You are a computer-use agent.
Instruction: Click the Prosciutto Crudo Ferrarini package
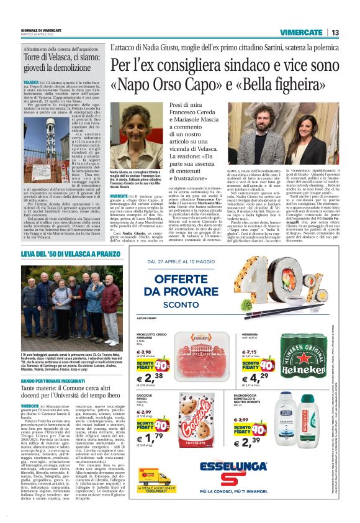click(x=210, y=348)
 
